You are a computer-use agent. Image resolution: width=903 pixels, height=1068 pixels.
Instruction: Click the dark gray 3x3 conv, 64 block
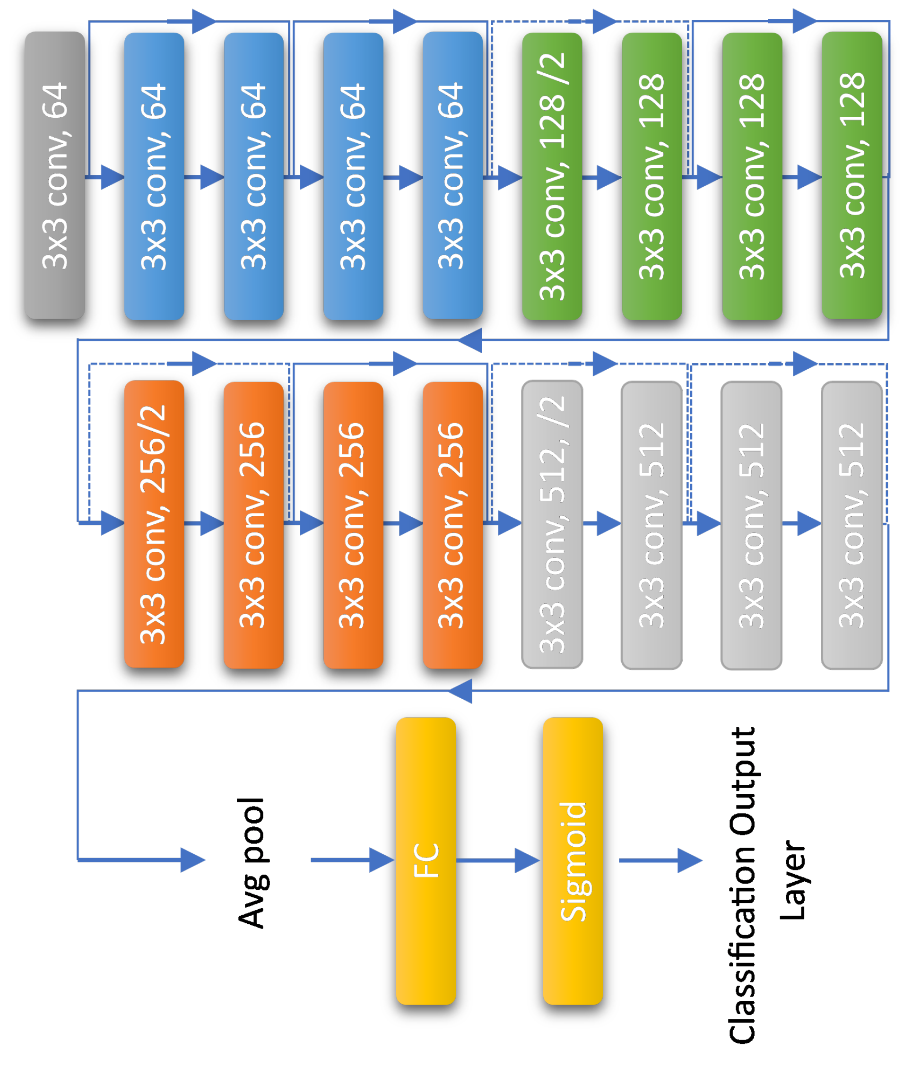[x=55, y=175]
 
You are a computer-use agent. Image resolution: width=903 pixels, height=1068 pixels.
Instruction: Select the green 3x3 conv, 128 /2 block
[x=552, y=176]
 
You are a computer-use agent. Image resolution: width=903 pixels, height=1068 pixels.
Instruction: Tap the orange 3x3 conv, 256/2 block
[x=154, y=524]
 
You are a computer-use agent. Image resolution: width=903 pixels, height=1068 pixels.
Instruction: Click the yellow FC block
[x=425, y=860]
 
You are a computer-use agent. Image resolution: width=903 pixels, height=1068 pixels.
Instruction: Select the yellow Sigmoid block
[x=573, y=860]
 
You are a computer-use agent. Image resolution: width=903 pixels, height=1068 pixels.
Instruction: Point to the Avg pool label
[x=251, y=862]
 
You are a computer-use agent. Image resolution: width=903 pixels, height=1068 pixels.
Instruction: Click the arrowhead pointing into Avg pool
[x=193, y=860]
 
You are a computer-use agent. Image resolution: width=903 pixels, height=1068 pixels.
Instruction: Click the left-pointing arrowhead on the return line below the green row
[x=470, y=340]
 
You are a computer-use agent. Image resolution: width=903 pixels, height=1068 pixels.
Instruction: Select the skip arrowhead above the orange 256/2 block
[x=204, y=364]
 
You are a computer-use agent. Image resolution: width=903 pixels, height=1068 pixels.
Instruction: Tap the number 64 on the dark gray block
[x=55, y=100]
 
